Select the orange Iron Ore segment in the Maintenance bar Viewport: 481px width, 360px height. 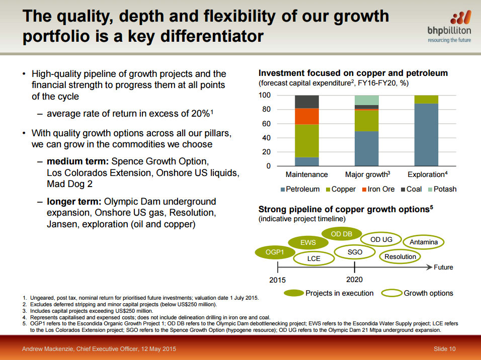coord(306,116)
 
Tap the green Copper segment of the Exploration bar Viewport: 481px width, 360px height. coord(426,99)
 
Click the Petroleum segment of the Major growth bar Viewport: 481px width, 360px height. coord(366,148)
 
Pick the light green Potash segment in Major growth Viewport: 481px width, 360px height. coord(366,100)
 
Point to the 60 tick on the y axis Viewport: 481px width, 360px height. coord(266,124)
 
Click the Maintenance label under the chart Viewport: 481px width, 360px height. coord(306,174)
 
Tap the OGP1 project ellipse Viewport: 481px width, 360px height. coord(275,251)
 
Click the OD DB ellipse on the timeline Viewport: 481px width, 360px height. coord(341,234)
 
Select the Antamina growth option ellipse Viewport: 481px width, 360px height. coord(424,242)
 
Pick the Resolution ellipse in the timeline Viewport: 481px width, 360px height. coord(400,256)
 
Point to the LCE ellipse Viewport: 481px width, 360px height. coord(313,258)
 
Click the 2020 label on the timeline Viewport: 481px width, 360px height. coord(354,280)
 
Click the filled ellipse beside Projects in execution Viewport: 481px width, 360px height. coord(294,293)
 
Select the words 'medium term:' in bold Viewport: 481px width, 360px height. coord(77,162)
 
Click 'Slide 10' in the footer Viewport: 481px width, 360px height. coord(444,349)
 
